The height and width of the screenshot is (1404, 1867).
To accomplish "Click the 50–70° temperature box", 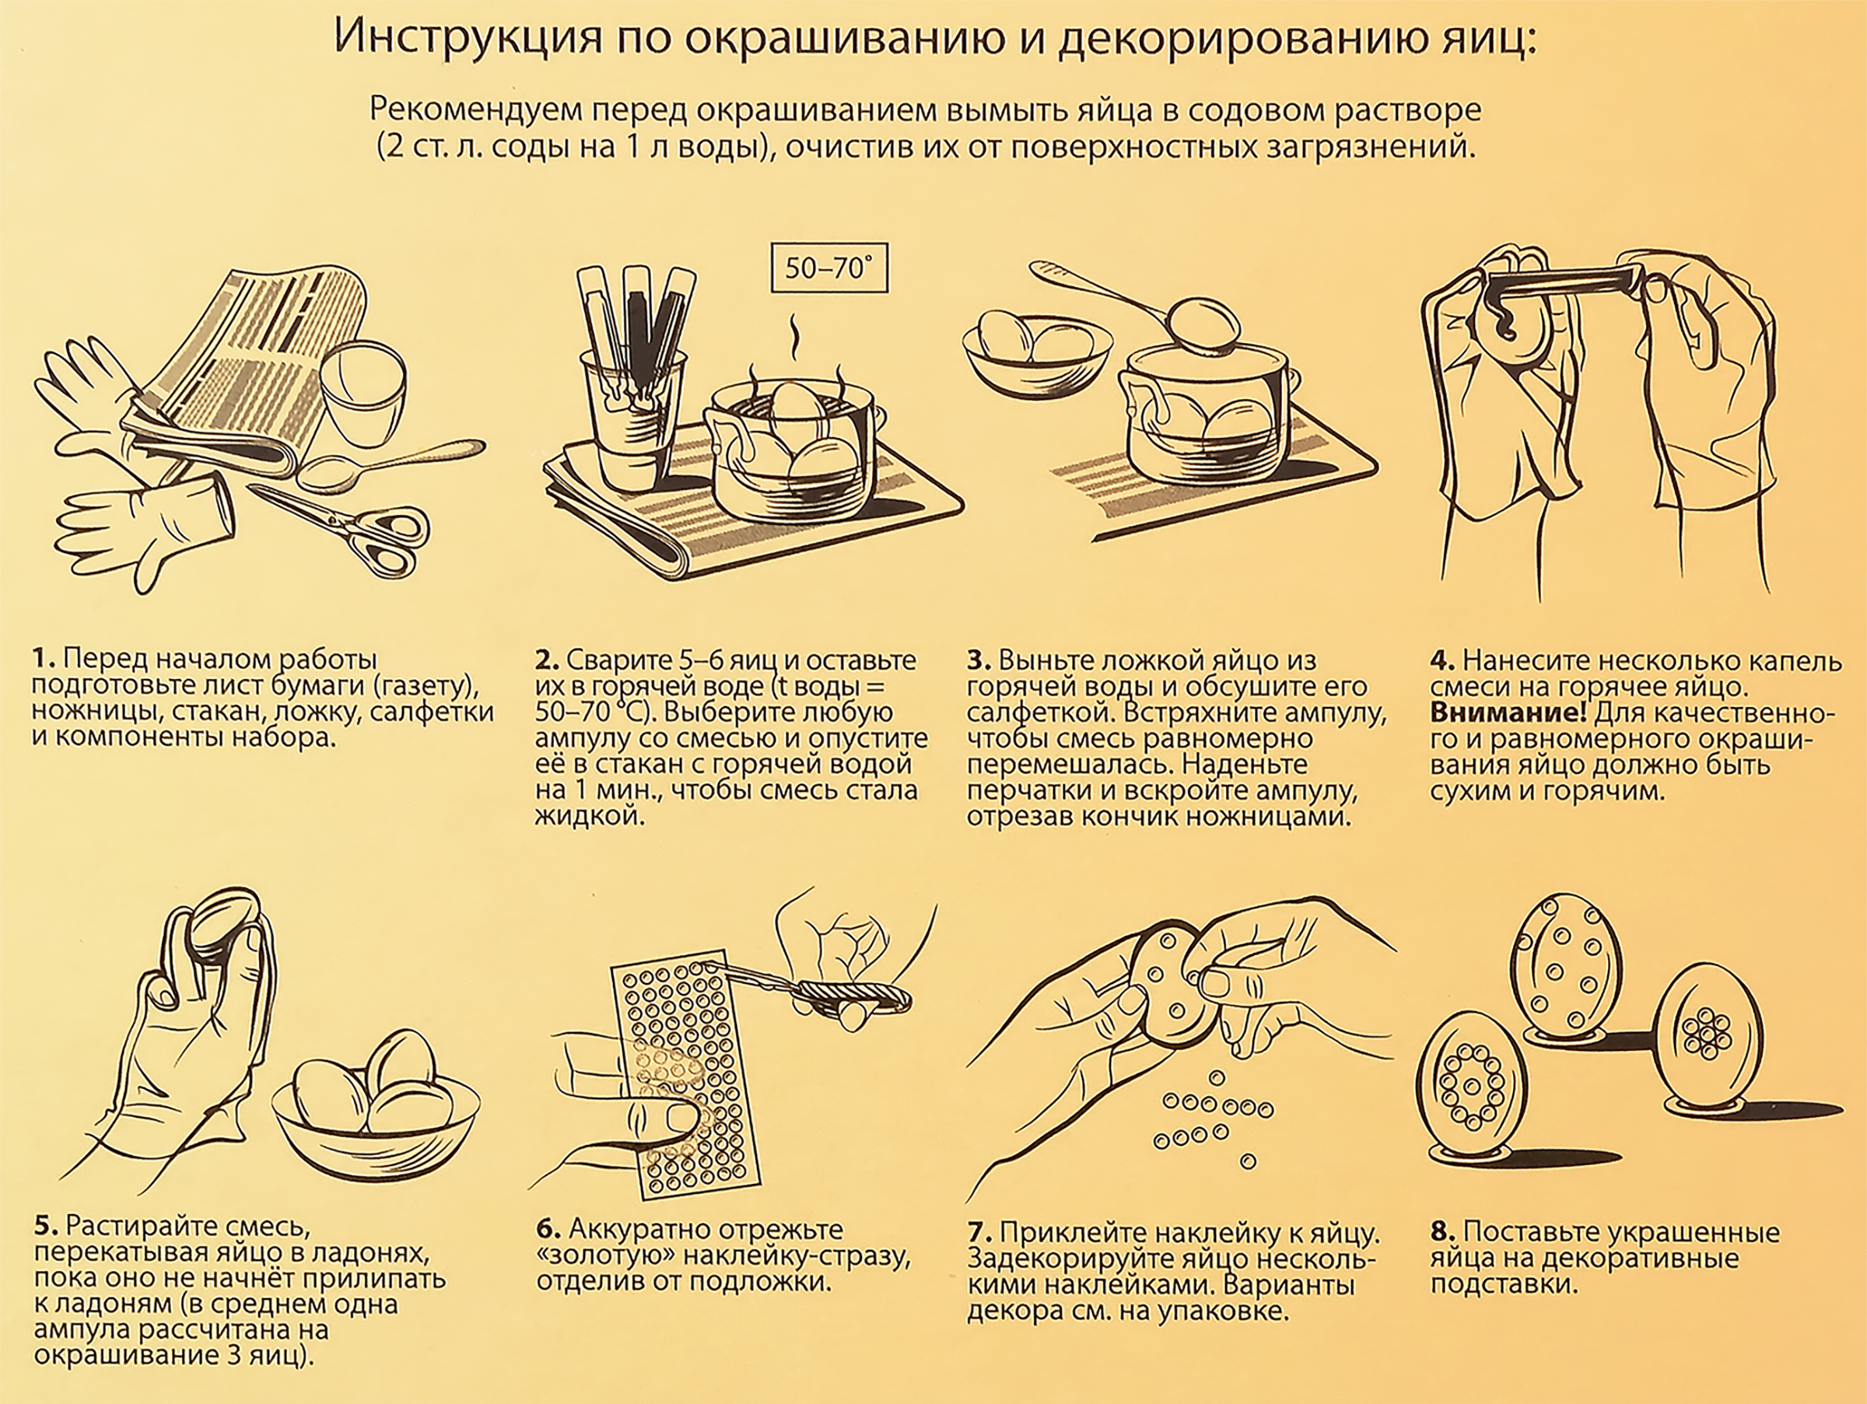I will pyautogui.click(x=830, y=268).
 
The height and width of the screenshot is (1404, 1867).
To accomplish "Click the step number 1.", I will pyautogui.click(x=43, y=658).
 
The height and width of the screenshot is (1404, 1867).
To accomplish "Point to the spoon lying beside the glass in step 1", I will pyautogui.click(x=380, y=464).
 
